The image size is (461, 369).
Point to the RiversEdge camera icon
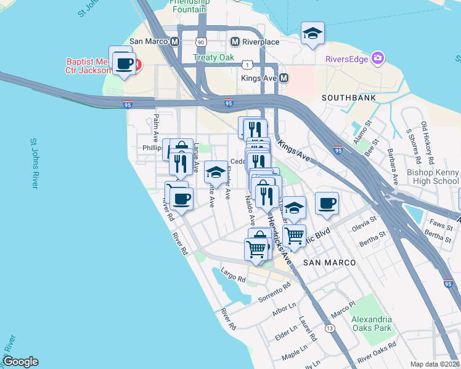coord(377,59)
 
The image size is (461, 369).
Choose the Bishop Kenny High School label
coord(433,177)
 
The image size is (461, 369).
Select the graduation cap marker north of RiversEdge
coord(312,34)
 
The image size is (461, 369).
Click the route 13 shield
coord(330,329)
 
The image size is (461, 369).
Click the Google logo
coord(20,362)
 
